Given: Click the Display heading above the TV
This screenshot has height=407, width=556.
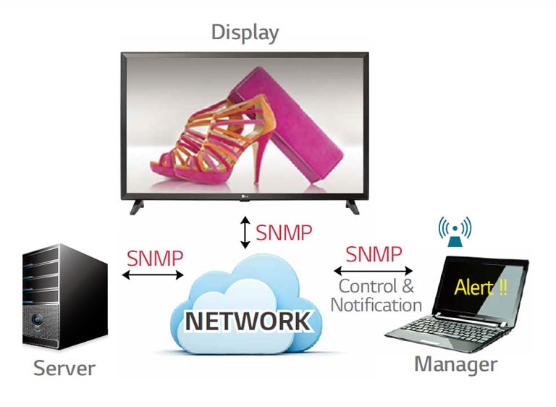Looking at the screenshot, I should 245,33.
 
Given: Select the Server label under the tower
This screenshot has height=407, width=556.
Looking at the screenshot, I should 64,368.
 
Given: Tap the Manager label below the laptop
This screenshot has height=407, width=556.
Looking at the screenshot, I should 455,364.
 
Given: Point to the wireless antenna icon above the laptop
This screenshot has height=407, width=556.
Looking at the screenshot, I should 455,230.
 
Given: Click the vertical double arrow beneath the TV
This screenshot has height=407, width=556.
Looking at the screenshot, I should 245,233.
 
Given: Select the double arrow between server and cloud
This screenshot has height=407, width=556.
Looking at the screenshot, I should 153,275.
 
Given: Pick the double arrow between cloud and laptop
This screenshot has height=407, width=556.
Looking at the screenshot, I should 373,269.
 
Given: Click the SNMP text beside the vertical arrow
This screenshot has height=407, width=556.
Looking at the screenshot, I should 284,233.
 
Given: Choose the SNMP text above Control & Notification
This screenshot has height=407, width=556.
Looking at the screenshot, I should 374,254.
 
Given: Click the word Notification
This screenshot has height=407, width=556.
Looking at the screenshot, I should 376,305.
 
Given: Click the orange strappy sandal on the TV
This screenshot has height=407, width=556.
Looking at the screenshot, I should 216,127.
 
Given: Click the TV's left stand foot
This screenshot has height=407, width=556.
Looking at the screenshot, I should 136,206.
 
